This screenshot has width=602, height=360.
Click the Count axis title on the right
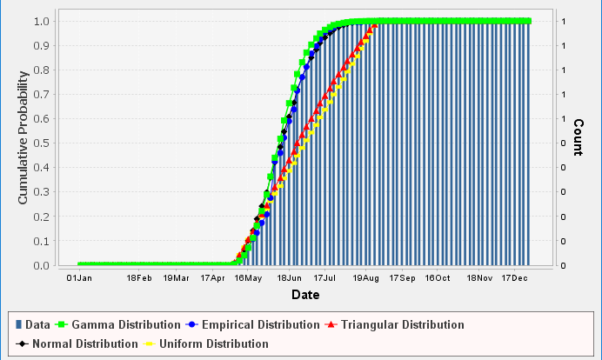(x=578, y=137)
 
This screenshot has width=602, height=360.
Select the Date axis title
(x=304, y=296)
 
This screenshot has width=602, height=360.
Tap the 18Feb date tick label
(x=139, y=278)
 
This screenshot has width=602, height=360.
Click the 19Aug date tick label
(x=365, y=278)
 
